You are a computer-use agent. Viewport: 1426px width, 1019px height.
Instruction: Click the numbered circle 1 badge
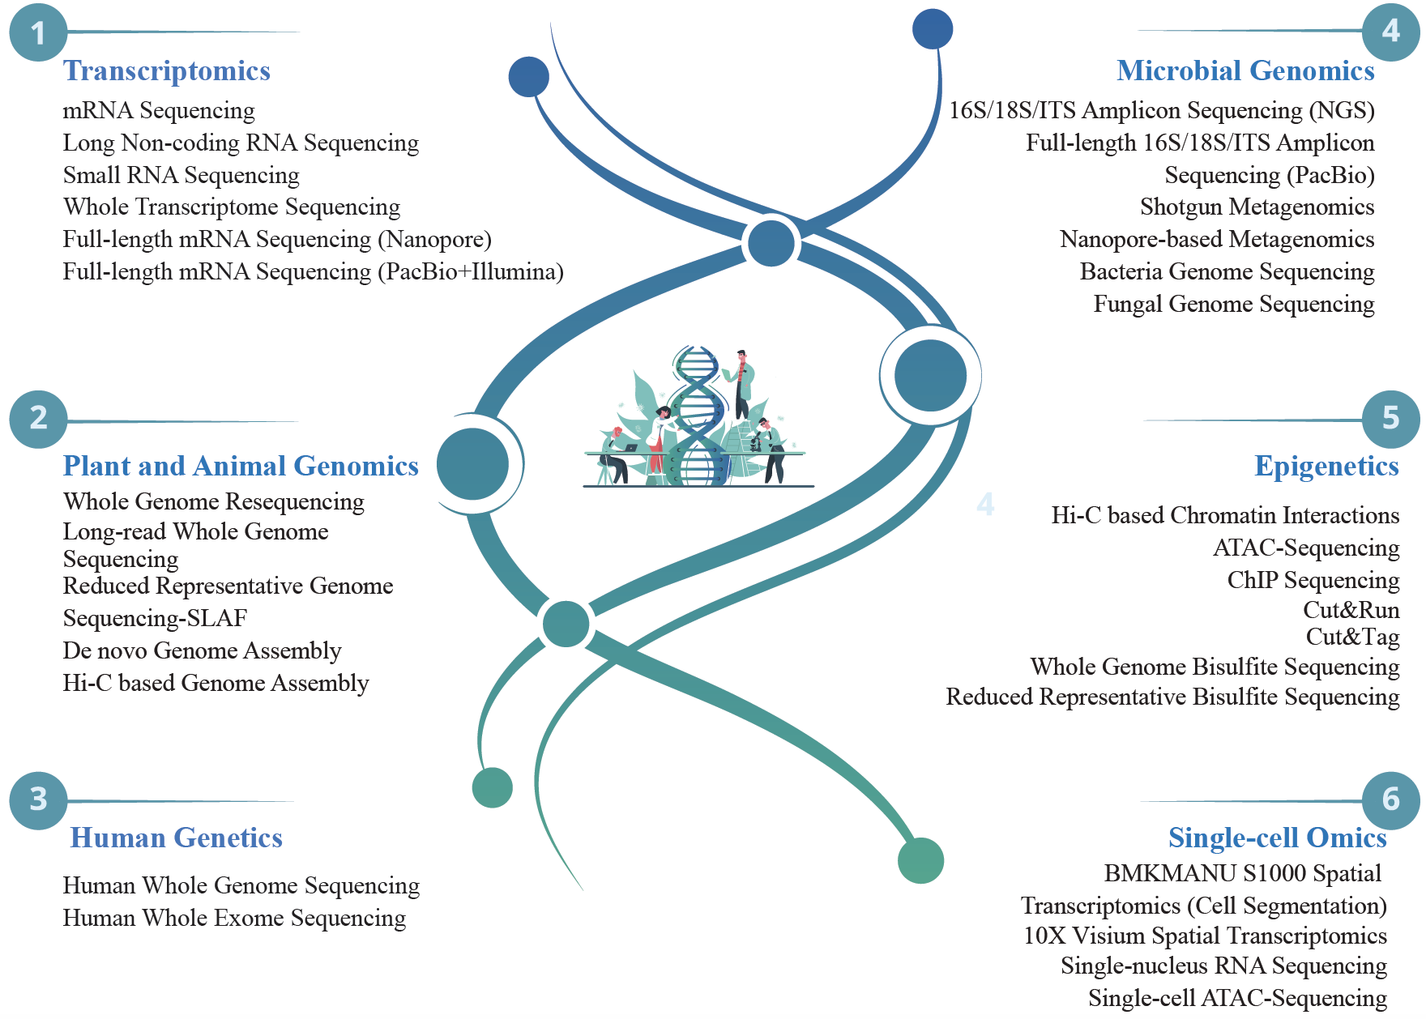click(x=38, y=33)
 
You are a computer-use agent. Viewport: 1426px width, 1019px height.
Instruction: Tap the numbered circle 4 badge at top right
click(x=1390, y=32)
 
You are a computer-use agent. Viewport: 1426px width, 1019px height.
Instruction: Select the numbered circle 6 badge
click(x=1390, y=800)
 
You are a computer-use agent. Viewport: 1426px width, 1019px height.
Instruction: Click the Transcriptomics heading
click(x=167, y=71)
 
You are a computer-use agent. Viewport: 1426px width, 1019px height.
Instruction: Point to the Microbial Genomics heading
click(x=1245, y=71)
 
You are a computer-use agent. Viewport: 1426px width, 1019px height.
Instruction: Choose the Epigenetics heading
click(x=1326, y=467)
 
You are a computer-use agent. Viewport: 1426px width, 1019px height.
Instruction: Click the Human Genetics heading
click(x=177, y=838)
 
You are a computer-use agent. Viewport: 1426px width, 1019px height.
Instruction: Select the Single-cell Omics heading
click(x=1278, y=838)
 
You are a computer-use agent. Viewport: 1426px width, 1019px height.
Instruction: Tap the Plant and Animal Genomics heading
click(x=241, y=467)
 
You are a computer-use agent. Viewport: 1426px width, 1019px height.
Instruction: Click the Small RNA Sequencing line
click(x=181, y=175)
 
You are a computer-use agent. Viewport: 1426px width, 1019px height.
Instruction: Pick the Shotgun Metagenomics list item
click(x=1257, y=207)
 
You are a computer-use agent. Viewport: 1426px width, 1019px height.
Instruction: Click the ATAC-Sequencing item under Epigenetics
click(x=1306, y=548)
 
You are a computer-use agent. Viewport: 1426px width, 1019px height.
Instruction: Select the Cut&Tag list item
click(x=1352, y=637)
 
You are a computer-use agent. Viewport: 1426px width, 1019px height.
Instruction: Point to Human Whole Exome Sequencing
click(x=234, y=919)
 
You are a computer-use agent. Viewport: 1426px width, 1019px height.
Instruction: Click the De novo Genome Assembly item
click(x=203, y=651)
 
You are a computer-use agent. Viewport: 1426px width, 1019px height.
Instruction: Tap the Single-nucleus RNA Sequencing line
click(x=1223, y=966)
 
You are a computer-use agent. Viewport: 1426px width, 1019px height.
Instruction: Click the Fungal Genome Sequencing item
click(x=1234, y=305)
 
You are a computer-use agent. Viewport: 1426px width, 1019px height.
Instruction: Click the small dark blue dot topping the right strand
click(x=933, y=29)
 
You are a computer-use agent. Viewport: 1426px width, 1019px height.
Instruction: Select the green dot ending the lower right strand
click(x=920, y=860)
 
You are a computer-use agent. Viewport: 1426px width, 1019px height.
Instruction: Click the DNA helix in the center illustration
click(x=696, y=417)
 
